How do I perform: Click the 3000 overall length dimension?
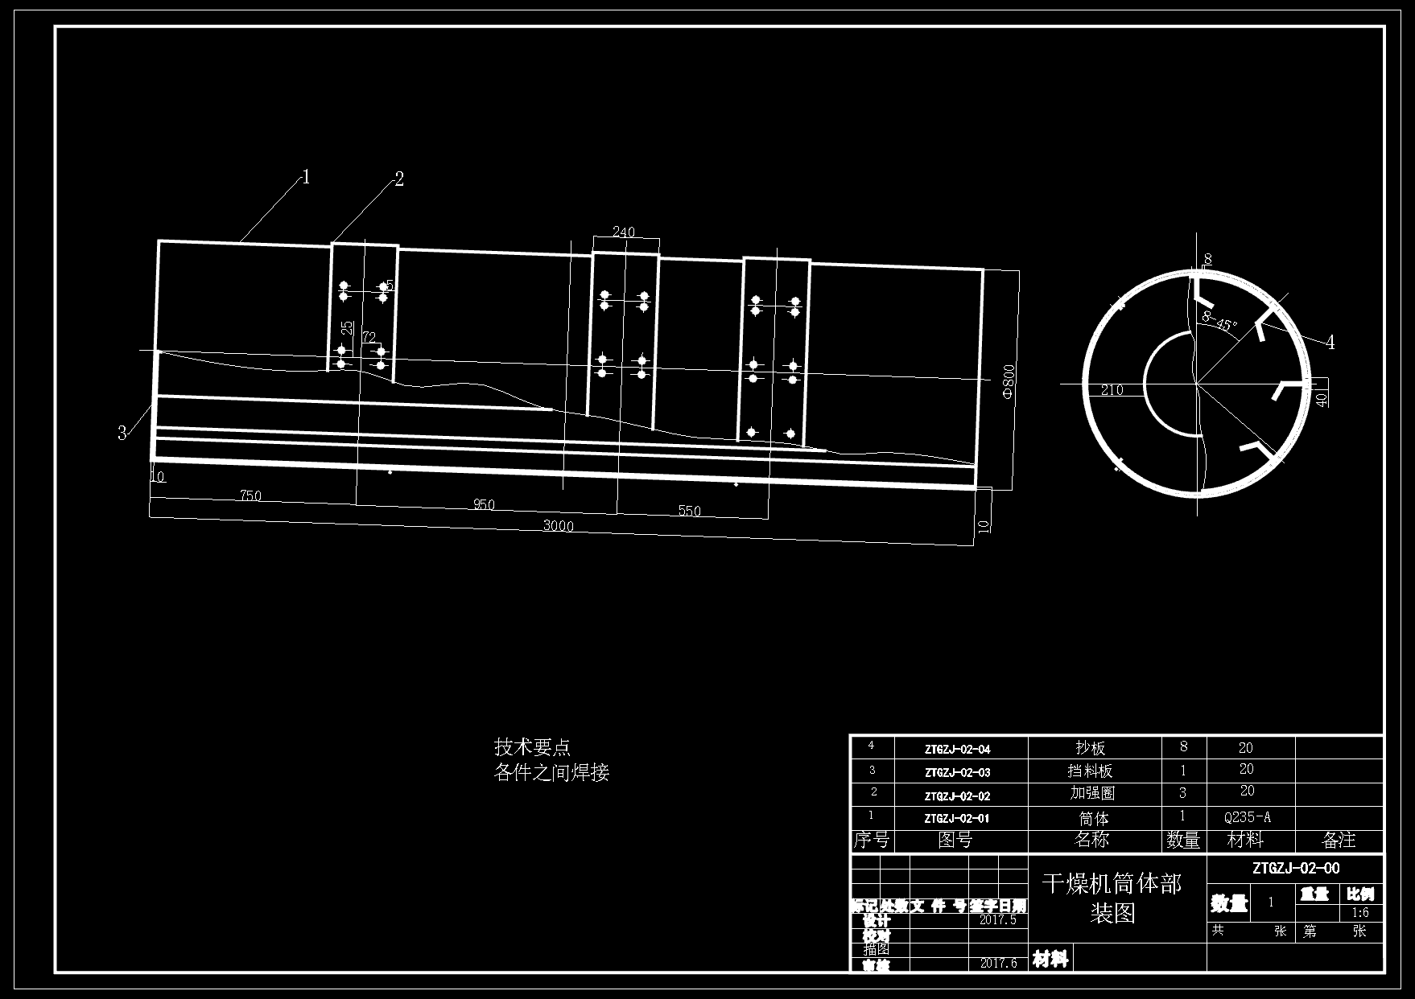[558, 526]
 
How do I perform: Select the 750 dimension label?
[250, 495]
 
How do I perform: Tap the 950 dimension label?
[484, 505]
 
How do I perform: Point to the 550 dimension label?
[689, 511]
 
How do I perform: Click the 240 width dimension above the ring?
[623, 232]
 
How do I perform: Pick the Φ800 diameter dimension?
[1009, 381]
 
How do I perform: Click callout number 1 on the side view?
[306, 177]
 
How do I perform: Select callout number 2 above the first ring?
[398, 179]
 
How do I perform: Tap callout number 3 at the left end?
[122, 434]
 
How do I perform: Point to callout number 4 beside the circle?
[1330, 343]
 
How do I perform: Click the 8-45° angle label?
[1219, 322]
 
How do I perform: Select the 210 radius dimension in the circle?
[1112, 390]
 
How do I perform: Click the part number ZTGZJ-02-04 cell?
[957, 750]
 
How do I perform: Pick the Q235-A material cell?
[1247, 817]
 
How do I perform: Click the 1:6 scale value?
[1360, 913]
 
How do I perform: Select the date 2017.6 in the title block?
[998, 963]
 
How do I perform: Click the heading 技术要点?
[532, 747]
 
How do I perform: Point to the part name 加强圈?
[1092, 793]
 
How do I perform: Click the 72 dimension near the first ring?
[369, 337]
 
